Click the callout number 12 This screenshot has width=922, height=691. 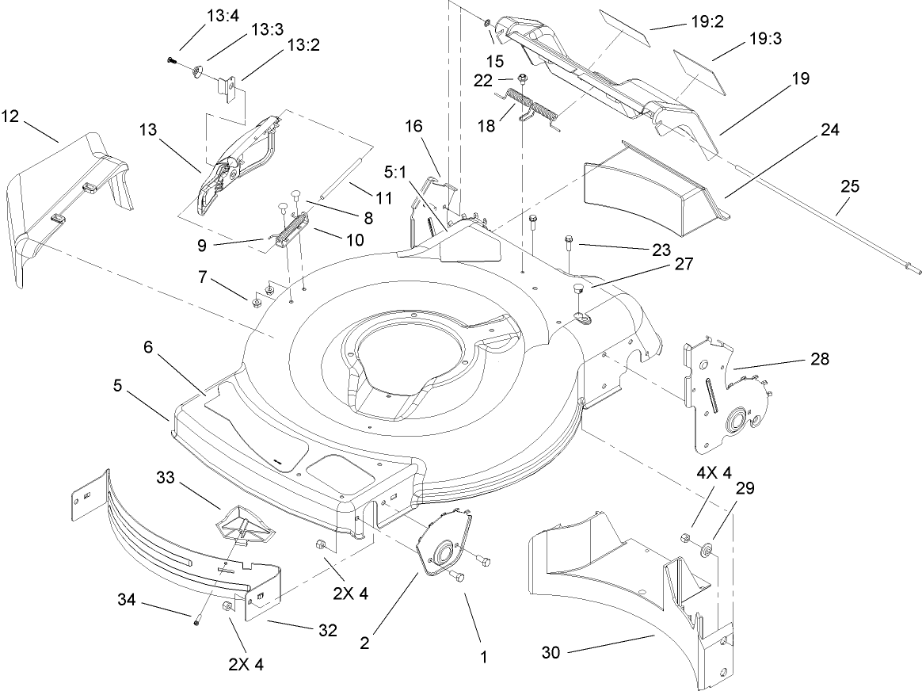pos(11,116)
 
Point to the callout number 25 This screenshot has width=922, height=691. pos(849,187)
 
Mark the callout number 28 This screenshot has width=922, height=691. pos(820,359)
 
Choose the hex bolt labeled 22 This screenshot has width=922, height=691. pos(524,78)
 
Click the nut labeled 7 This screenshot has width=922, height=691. pos(257,303)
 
